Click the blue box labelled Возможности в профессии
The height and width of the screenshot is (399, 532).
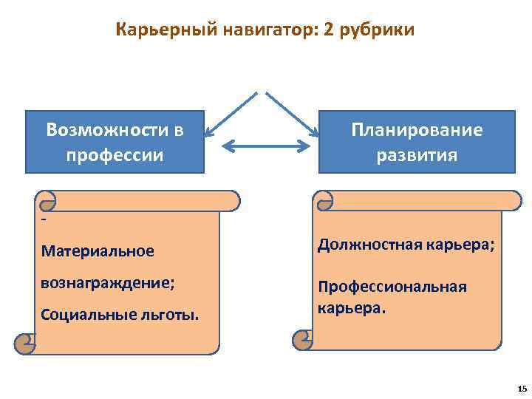115,142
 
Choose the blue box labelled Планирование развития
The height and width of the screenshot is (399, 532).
417,142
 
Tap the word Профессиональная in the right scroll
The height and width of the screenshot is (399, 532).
392,287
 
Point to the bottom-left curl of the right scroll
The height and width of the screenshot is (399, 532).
304,338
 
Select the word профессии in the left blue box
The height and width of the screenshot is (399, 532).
115,156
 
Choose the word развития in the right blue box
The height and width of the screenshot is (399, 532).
417,156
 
